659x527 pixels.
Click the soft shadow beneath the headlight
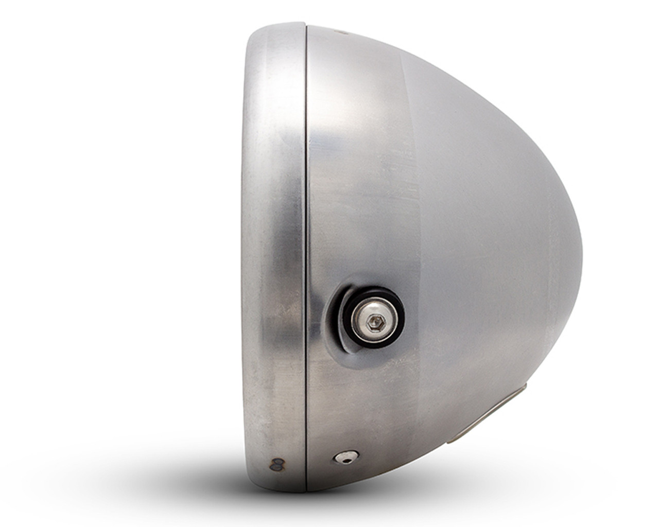click(x=360, y=507)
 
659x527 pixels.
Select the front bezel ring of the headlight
click(x=275, y=247)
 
